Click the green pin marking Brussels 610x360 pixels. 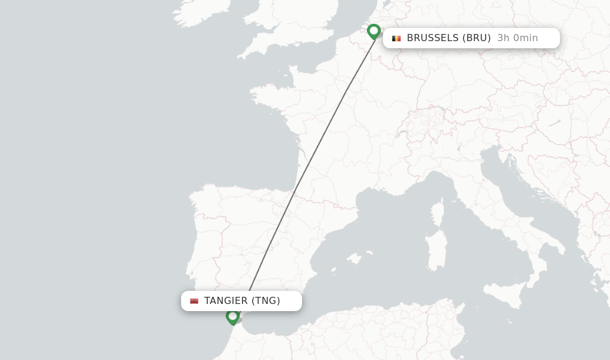click(374, 31)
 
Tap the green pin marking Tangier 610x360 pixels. click(232, 316)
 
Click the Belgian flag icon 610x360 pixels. click(396, 38)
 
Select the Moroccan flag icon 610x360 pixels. click(194, 301)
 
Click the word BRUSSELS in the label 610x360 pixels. click(432, 38)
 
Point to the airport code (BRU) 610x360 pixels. click(477, 38)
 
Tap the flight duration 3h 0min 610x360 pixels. click(517, 38)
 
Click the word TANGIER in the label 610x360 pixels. click(225, 301)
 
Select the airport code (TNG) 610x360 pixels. click(266, 301)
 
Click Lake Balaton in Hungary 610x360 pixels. click(554, 123)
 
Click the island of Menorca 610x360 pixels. click(370, 253)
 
